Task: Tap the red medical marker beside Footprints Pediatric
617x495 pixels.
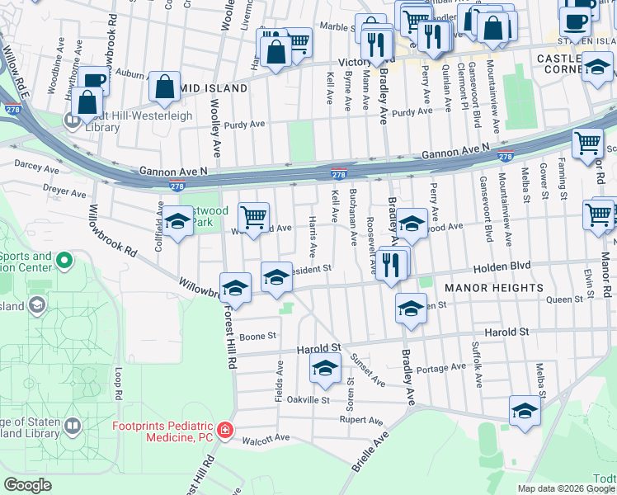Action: coord(225,431)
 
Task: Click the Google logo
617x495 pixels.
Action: coord(27,484)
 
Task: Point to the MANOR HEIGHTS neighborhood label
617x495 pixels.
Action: coord(494,288)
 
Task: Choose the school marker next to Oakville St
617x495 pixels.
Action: coord(326,368)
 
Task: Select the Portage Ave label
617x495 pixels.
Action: coord(441,368)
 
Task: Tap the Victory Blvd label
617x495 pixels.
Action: coord(361,61)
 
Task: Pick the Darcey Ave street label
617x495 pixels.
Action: coord(37,167)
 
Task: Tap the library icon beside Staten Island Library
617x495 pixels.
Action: coord(73,427)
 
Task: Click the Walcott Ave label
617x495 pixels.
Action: coord(270,437)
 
